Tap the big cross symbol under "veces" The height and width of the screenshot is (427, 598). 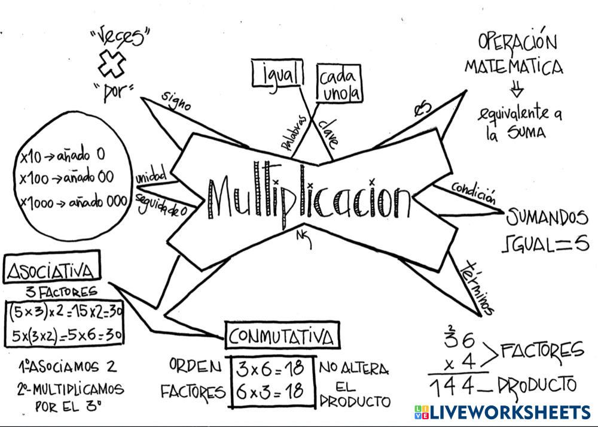(112, 63)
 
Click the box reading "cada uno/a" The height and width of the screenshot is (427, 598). (339, 84)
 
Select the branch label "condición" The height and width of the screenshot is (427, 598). (474, 191)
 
